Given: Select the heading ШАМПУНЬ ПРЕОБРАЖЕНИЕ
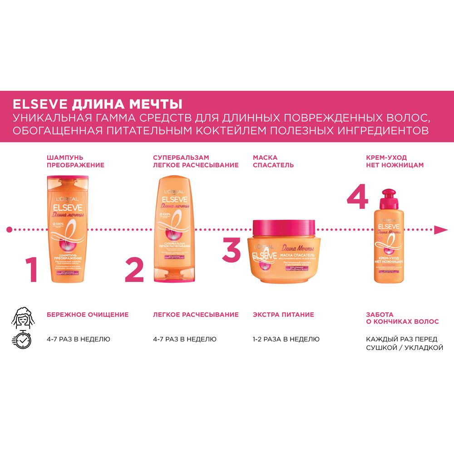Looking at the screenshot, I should coord(75,161).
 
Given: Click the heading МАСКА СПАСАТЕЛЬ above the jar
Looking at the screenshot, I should coord(273,161).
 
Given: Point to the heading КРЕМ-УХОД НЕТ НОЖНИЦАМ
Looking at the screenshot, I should coord(395,161).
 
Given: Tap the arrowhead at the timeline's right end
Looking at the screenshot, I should coord(439,230).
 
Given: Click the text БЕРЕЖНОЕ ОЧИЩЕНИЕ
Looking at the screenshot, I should coord(88,314).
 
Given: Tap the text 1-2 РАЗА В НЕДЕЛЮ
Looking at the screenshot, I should coord(286,339).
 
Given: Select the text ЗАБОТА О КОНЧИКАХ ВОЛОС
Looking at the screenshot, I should coord(402,318).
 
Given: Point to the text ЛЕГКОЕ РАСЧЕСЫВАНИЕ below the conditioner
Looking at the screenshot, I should coord(196,314).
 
